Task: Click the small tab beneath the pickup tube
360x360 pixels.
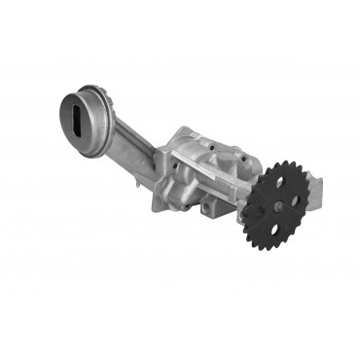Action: coord(135,180)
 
